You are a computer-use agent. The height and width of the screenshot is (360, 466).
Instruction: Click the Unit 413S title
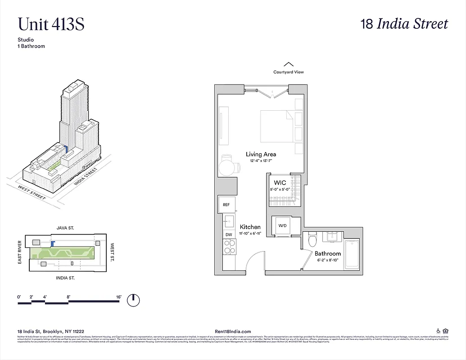click(x=51, y=24)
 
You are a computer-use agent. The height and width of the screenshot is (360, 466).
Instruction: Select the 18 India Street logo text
click(x=404, y=24)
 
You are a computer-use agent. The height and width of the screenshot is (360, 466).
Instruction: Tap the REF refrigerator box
click(x=226, y=205)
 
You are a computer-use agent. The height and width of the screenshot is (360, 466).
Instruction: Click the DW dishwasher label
click(x=228, y=234)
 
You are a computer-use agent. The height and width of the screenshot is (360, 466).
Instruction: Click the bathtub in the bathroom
click(x=351, y=254)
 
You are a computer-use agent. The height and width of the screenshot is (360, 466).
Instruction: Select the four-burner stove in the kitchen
click(x=230, y=247)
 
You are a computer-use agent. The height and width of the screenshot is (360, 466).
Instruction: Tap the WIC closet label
click(x=280, y=183)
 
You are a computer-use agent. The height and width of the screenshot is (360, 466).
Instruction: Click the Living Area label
click(x=261, y=154)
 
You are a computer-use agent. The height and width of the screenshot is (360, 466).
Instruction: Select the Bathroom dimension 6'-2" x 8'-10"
click(x=330, y=261)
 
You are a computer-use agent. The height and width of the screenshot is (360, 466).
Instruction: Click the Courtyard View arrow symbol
click(x=289, y=64)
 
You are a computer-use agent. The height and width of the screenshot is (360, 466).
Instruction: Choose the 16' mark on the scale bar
click(x=118, y=297)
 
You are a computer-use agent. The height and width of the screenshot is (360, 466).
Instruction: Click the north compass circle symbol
click(x=133, y=300)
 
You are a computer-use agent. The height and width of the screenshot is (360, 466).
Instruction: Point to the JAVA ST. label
click(x=65, y=229)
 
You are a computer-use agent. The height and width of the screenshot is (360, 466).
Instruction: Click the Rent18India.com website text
click(x=234, y=331)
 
